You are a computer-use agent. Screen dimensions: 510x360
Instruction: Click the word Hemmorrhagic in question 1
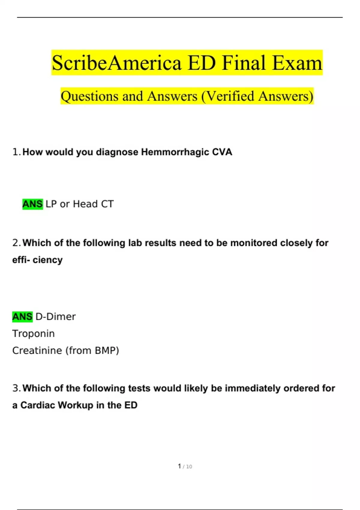point(175,152)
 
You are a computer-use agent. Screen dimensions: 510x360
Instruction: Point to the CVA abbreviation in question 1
point(222,152)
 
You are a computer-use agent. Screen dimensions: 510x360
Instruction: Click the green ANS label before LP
point(32,204)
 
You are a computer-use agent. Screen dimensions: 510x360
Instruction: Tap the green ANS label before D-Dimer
point(22,316)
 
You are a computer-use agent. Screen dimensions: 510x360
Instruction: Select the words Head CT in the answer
point(93,204)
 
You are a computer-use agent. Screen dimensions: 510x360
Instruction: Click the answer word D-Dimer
point(55,316)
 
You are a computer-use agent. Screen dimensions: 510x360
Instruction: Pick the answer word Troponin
point(33,334)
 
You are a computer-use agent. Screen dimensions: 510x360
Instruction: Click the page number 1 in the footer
point(179,466)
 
